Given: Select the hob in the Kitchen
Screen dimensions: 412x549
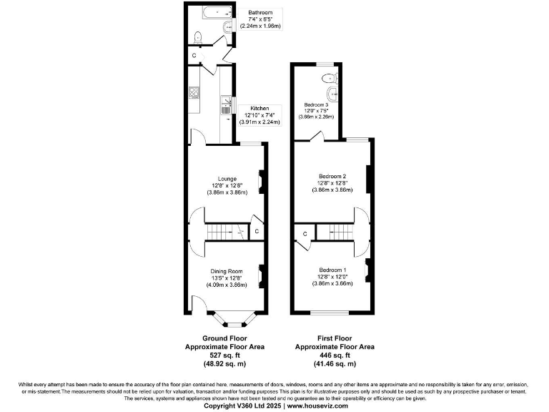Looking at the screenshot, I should click(194, 92).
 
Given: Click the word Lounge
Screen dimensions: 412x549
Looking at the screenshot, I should click(228, 178).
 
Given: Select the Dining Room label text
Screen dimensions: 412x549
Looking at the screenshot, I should click(227, 271).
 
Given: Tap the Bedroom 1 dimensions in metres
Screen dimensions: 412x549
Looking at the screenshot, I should click(332, 284).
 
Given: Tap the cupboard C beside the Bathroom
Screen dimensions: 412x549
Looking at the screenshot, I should click(194, 55).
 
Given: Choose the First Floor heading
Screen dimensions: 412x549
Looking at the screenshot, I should click(335, 338).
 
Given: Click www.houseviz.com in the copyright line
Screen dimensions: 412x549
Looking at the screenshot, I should click(318, 406).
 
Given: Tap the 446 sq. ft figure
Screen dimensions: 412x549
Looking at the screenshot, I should click(335, 355).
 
